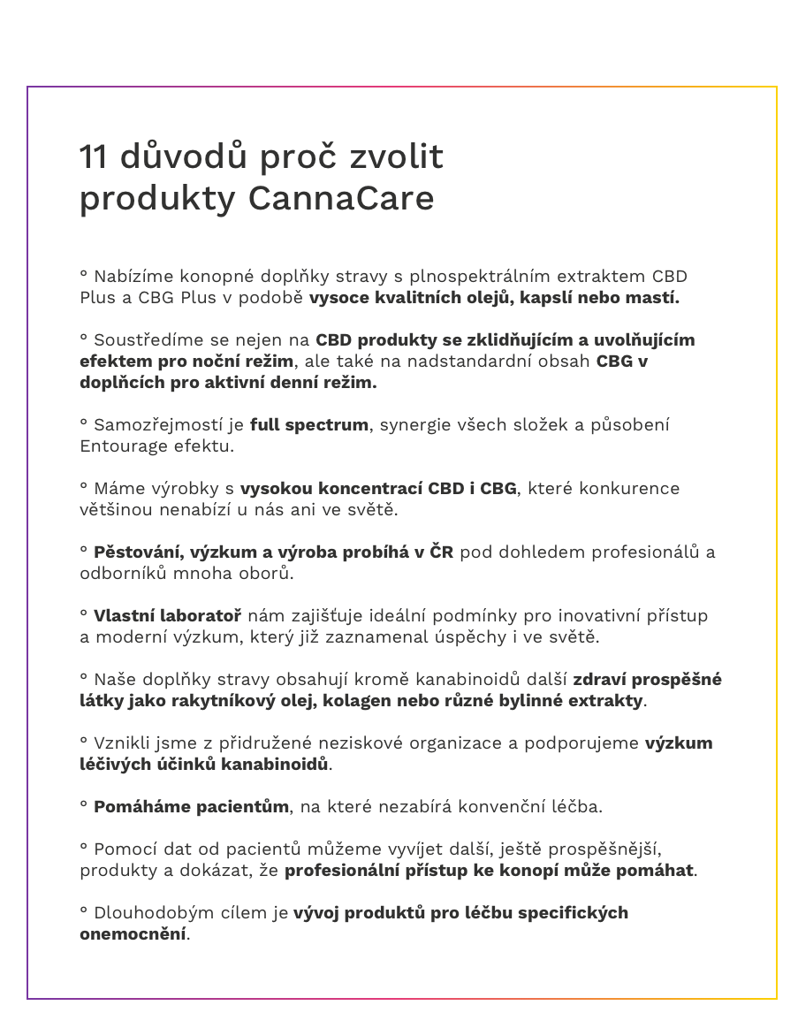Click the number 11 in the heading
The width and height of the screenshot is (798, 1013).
click(94, 157)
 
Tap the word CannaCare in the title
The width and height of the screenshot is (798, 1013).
click(341, 198)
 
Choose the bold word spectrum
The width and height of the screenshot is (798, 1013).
click(330, 424)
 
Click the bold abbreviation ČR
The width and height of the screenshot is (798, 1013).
click(441, 552)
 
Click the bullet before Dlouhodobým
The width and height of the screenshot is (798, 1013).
click(83, 910)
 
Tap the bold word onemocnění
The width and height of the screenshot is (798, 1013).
click(133, 933)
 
